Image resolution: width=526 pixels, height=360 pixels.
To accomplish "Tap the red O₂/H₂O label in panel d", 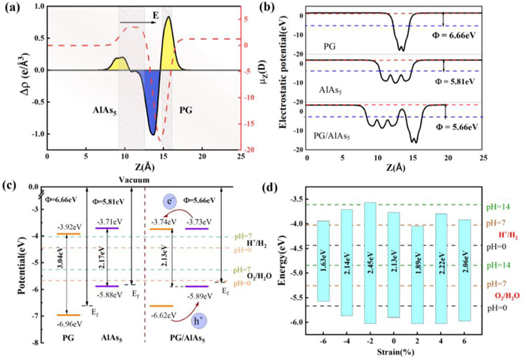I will [504, 295].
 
